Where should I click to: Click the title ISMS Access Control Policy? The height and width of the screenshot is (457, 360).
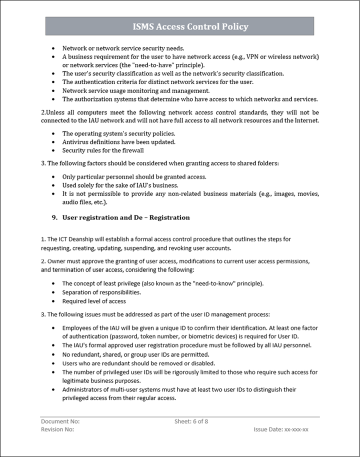pos(190,26)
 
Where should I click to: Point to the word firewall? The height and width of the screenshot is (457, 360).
pos(132,150)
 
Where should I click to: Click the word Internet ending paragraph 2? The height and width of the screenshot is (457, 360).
pos(304,120)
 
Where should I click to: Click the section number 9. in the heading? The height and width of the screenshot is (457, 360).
pos(55,217)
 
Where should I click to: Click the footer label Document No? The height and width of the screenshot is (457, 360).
pos(60,421)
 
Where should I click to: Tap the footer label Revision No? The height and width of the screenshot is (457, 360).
pos(57,429)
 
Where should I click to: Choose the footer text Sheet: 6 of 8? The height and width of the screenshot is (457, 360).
pos(191,421)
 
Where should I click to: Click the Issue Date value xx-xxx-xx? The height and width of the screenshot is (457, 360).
pos(296,429)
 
